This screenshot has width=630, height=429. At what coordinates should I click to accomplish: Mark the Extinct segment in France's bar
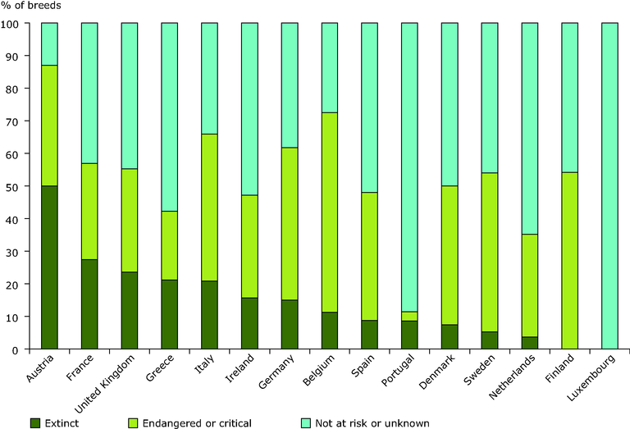point(89,304)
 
